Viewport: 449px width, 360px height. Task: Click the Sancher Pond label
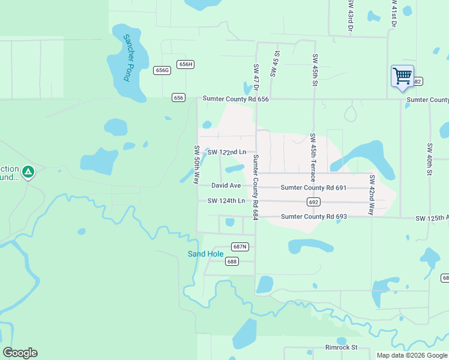pos(127,58)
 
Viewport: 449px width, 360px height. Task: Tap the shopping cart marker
pos(402,77)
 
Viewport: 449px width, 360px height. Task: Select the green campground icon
pos(28,173)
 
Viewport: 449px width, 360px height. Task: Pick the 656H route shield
pos(185,64)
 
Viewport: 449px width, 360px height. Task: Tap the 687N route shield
pos(240,247)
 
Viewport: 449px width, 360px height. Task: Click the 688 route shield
pos(232,261)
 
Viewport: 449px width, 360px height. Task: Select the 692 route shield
pos(313,202)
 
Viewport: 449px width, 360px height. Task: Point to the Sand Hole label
pos(206,254)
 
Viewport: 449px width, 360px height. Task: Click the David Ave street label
pos(226,186)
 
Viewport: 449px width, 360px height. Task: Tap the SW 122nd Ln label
pos(227,152)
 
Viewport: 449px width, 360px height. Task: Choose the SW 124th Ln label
pos(226,200)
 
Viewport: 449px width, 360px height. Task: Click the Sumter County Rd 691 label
pos(313,188)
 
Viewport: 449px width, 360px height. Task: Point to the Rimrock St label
pos(342,347)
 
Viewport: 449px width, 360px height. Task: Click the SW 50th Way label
pos(196,164)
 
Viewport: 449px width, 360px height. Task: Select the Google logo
pos(20,353)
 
